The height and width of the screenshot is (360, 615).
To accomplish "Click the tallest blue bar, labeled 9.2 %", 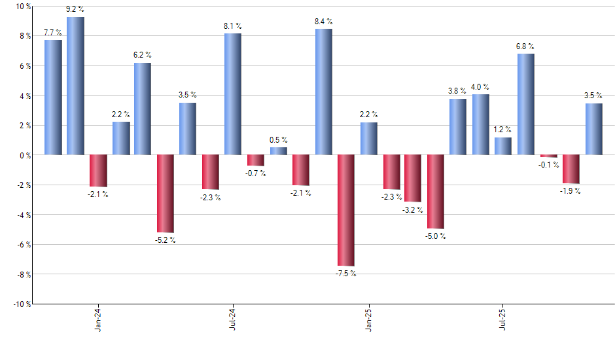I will pos(75,86).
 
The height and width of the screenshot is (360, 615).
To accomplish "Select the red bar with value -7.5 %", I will pos(346,210).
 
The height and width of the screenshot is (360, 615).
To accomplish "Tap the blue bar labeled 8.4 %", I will pos(323,92).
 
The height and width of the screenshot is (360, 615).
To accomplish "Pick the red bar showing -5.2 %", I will pos(166,193).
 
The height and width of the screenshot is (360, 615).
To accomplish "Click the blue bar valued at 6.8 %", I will pos(526,104).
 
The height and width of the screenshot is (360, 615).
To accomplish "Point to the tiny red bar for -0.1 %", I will pos(549,156).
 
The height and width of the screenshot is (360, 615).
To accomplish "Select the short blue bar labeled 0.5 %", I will pos(279,151).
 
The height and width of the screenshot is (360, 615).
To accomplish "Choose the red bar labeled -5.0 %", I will pos(436,192).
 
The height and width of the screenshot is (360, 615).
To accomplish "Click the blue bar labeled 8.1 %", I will pos(233,94).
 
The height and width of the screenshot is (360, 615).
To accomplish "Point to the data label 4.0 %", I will pos(480,87).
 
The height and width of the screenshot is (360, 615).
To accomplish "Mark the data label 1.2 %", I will pos(503,130).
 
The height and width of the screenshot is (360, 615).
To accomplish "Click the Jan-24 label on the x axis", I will pos(98,320).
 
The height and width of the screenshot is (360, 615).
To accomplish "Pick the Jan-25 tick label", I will pos(368,320).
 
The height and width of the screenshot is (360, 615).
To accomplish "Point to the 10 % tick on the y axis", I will pos(23,7).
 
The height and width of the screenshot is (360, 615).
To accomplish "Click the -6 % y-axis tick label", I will pos(23,245).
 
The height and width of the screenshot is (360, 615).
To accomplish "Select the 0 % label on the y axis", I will pos(25,155).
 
